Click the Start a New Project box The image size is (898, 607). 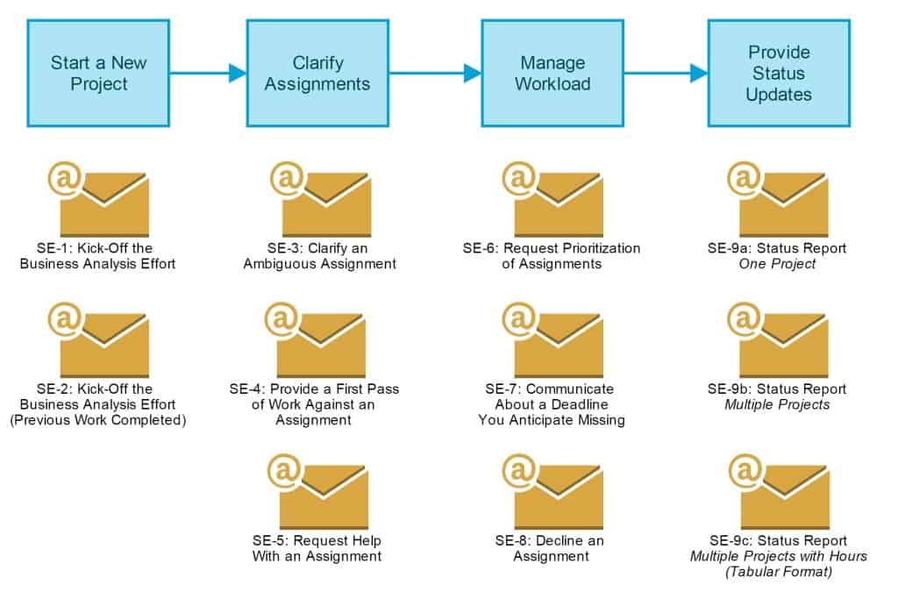98,74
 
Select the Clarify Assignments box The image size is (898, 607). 317,74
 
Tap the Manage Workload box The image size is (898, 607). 552,74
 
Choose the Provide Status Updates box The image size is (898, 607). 779,74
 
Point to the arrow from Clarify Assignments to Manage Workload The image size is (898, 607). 435,74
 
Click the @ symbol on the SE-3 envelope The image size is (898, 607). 286,180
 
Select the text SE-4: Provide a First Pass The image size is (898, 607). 314,389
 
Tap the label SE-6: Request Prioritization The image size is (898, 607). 552,248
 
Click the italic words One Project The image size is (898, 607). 777,264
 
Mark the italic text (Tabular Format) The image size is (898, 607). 778,572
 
